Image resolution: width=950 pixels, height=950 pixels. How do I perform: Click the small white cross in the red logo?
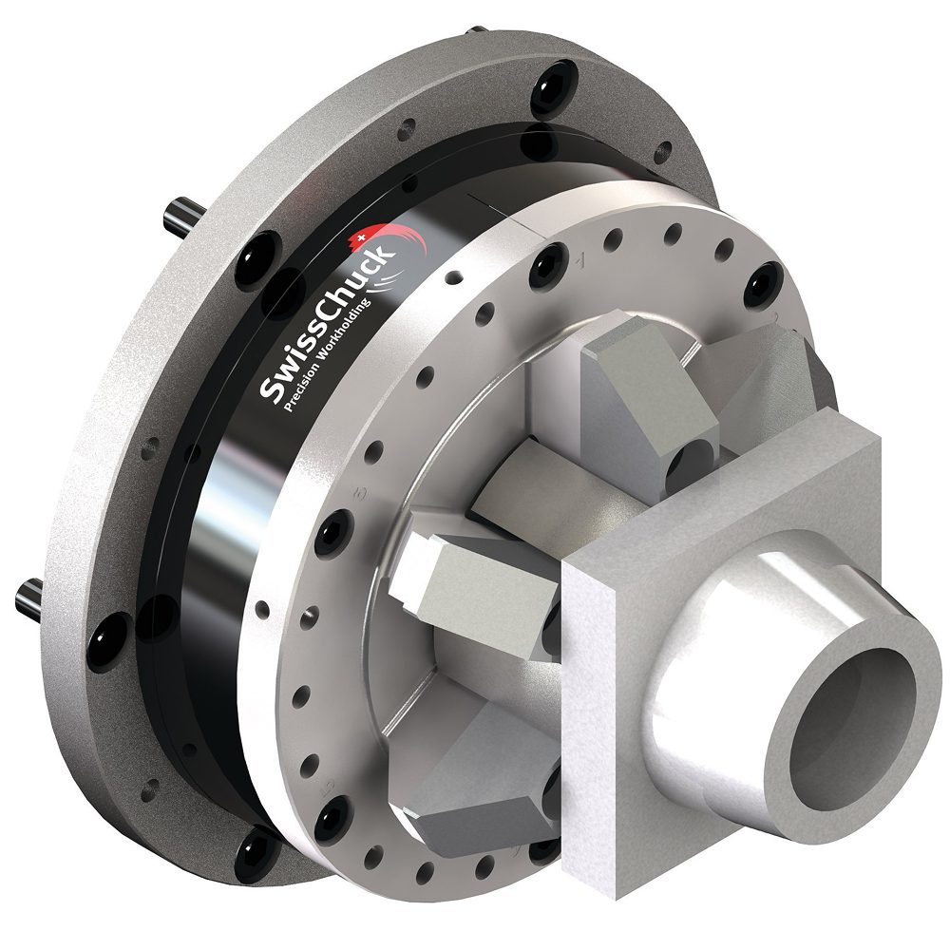coord(362,237)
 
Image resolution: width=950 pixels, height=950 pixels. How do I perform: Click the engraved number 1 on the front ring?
coord(579,260)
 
